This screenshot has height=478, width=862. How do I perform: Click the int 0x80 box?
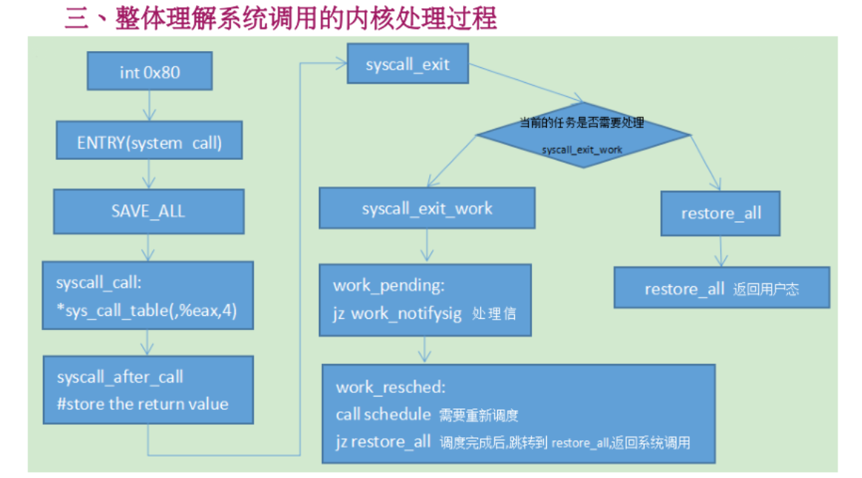pos(150,71)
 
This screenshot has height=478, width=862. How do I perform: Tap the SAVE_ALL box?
pos(148,211)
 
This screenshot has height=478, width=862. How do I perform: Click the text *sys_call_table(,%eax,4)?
pos(146,311)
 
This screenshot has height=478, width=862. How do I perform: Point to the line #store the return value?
pos(143,404)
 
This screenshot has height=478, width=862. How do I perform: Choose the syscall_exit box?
pos(407,64)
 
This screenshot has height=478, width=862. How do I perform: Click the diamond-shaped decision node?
pos(582,135)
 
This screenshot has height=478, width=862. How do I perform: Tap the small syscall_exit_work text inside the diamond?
pos(582,149)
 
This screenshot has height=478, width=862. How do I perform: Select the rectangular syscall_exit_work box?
pos(427,208)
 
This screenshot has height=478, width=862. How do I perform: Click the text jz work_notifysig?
pos(397,314)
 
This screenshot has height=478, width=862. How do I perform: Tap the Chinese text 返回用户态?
pos(766,289)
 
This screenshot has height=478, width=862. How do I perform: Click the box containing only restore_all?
pos(721,214)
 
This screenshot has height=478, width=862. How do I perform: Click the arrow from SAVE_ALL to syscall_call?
pos(148,247)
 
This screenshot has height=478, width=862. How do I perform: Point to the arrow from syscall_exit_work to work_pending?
pos(426,246)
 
